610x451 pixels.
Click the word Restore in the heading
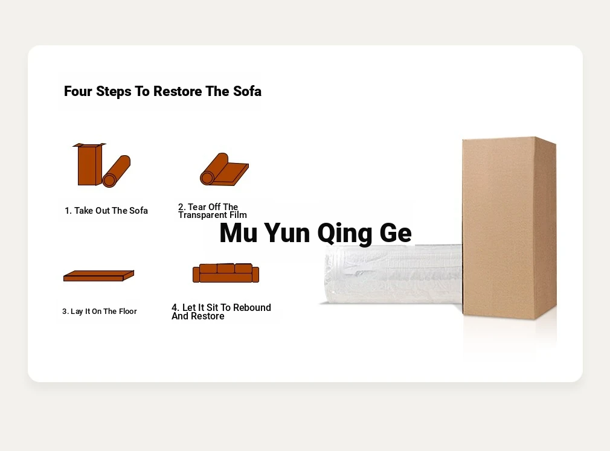tap(178, 91)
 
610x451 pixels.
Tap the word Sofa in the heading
tap(247, 91)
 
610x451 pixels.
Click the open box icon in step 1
tap(89, 164)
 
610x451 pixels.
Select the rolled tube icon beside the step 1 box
tap(117, 171)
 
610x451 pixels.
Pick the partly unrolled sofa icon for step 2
tap(224, 170)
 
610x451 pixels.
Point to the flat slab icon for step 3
tap(98, 276)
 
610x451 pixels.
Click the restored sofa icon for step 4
tap(226, 273)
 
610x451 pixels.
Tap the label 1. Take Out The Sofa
tap(106, 211)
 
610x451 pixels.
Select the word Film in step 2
tap(238, 214)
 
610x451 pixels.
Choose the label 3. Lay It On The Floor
tap(100, 312)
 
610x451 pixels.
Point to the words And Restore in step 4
tap(198, 316)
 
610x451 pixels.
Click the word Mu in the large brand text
tap(239, 233)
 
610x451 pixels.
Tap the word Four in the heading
tap(78, 91)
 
